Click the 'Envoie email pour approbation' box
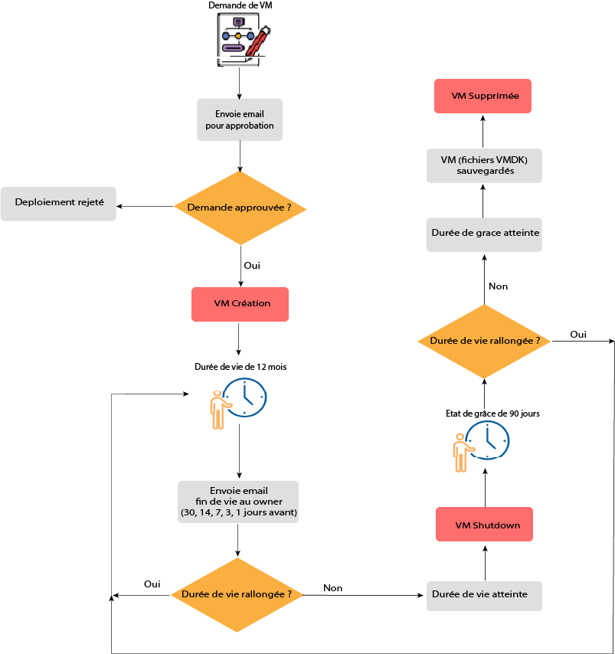click(x=240, y=119)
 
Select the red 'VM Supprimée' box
click(x=483, y=96)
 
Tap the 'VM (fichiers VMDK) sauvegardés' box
click(x=484, y=165)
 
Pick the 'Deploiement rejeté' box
click(x=58, y=204)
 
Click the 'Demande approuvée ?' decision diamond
click(x=240, y=208)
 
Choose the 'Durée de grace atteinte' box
click(x=484, y=234)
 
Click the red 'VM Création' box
click(x=240, y=304)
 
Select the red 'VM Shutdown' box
click(x=484, y=525)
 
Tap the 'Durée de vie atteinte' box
click(x=484, y=596)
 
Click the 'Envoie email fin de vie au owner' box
click(x=238, y=502)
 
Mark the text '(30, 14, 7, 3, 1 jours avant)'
click(x=238, y=512)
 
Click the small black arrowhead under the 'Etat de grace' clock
click(x=485, y=473)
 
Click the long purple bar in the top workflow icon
click(x=233, y=48)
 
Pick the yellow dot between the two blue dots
click(x=238, y=36)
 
